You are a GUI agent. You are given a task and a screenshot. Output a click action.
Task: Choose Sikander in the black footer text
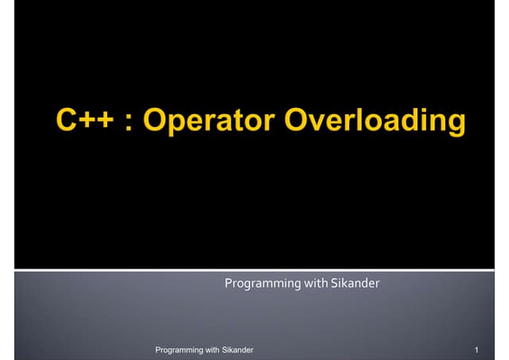[238, 350]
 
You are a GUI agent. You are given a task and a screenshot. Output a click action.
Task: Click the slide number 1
[475, 350]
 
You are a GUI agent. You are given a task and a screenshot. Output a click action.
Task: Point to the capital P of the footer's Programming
[157, 350]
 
